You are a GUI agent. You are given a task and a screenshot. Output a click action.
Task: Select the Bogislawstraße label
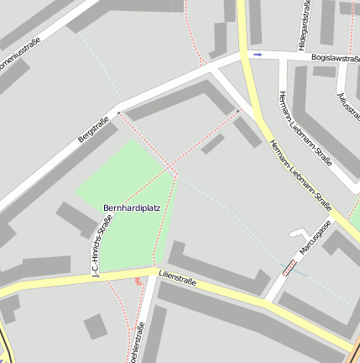(335, 58)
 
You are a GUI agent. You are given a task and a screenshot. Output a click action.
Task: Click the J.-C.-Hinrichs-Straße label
(102, 246)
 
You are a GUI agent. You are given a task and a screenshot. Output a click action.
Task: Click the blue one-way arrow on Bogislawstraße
(258, 55)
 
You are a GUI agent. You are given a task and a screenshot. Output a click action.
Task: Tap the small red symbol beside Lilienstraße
(138, 281)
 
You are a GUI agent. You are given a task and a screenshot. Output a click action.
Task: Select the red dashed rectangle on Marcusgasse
(289, 267)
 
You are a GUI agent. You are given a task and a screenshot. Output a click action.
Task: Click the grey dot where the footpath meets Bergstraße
(118, 112)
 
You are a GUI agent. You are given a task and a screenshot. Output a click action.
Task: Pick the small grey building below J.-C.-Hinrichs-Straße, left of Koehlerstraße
(96, 326)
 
